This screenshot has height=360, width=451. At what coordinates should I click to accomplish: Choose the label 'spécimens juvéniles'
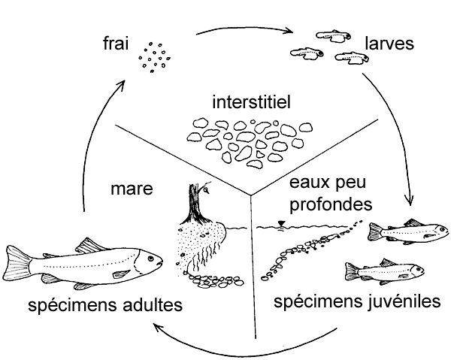tap(356, 302)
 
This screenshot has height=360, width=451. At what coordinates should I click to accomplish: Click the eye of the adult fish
tap(150, 259)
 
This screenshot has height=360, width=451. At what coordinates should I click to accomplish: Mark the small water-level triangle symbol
tap(280, 222)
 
